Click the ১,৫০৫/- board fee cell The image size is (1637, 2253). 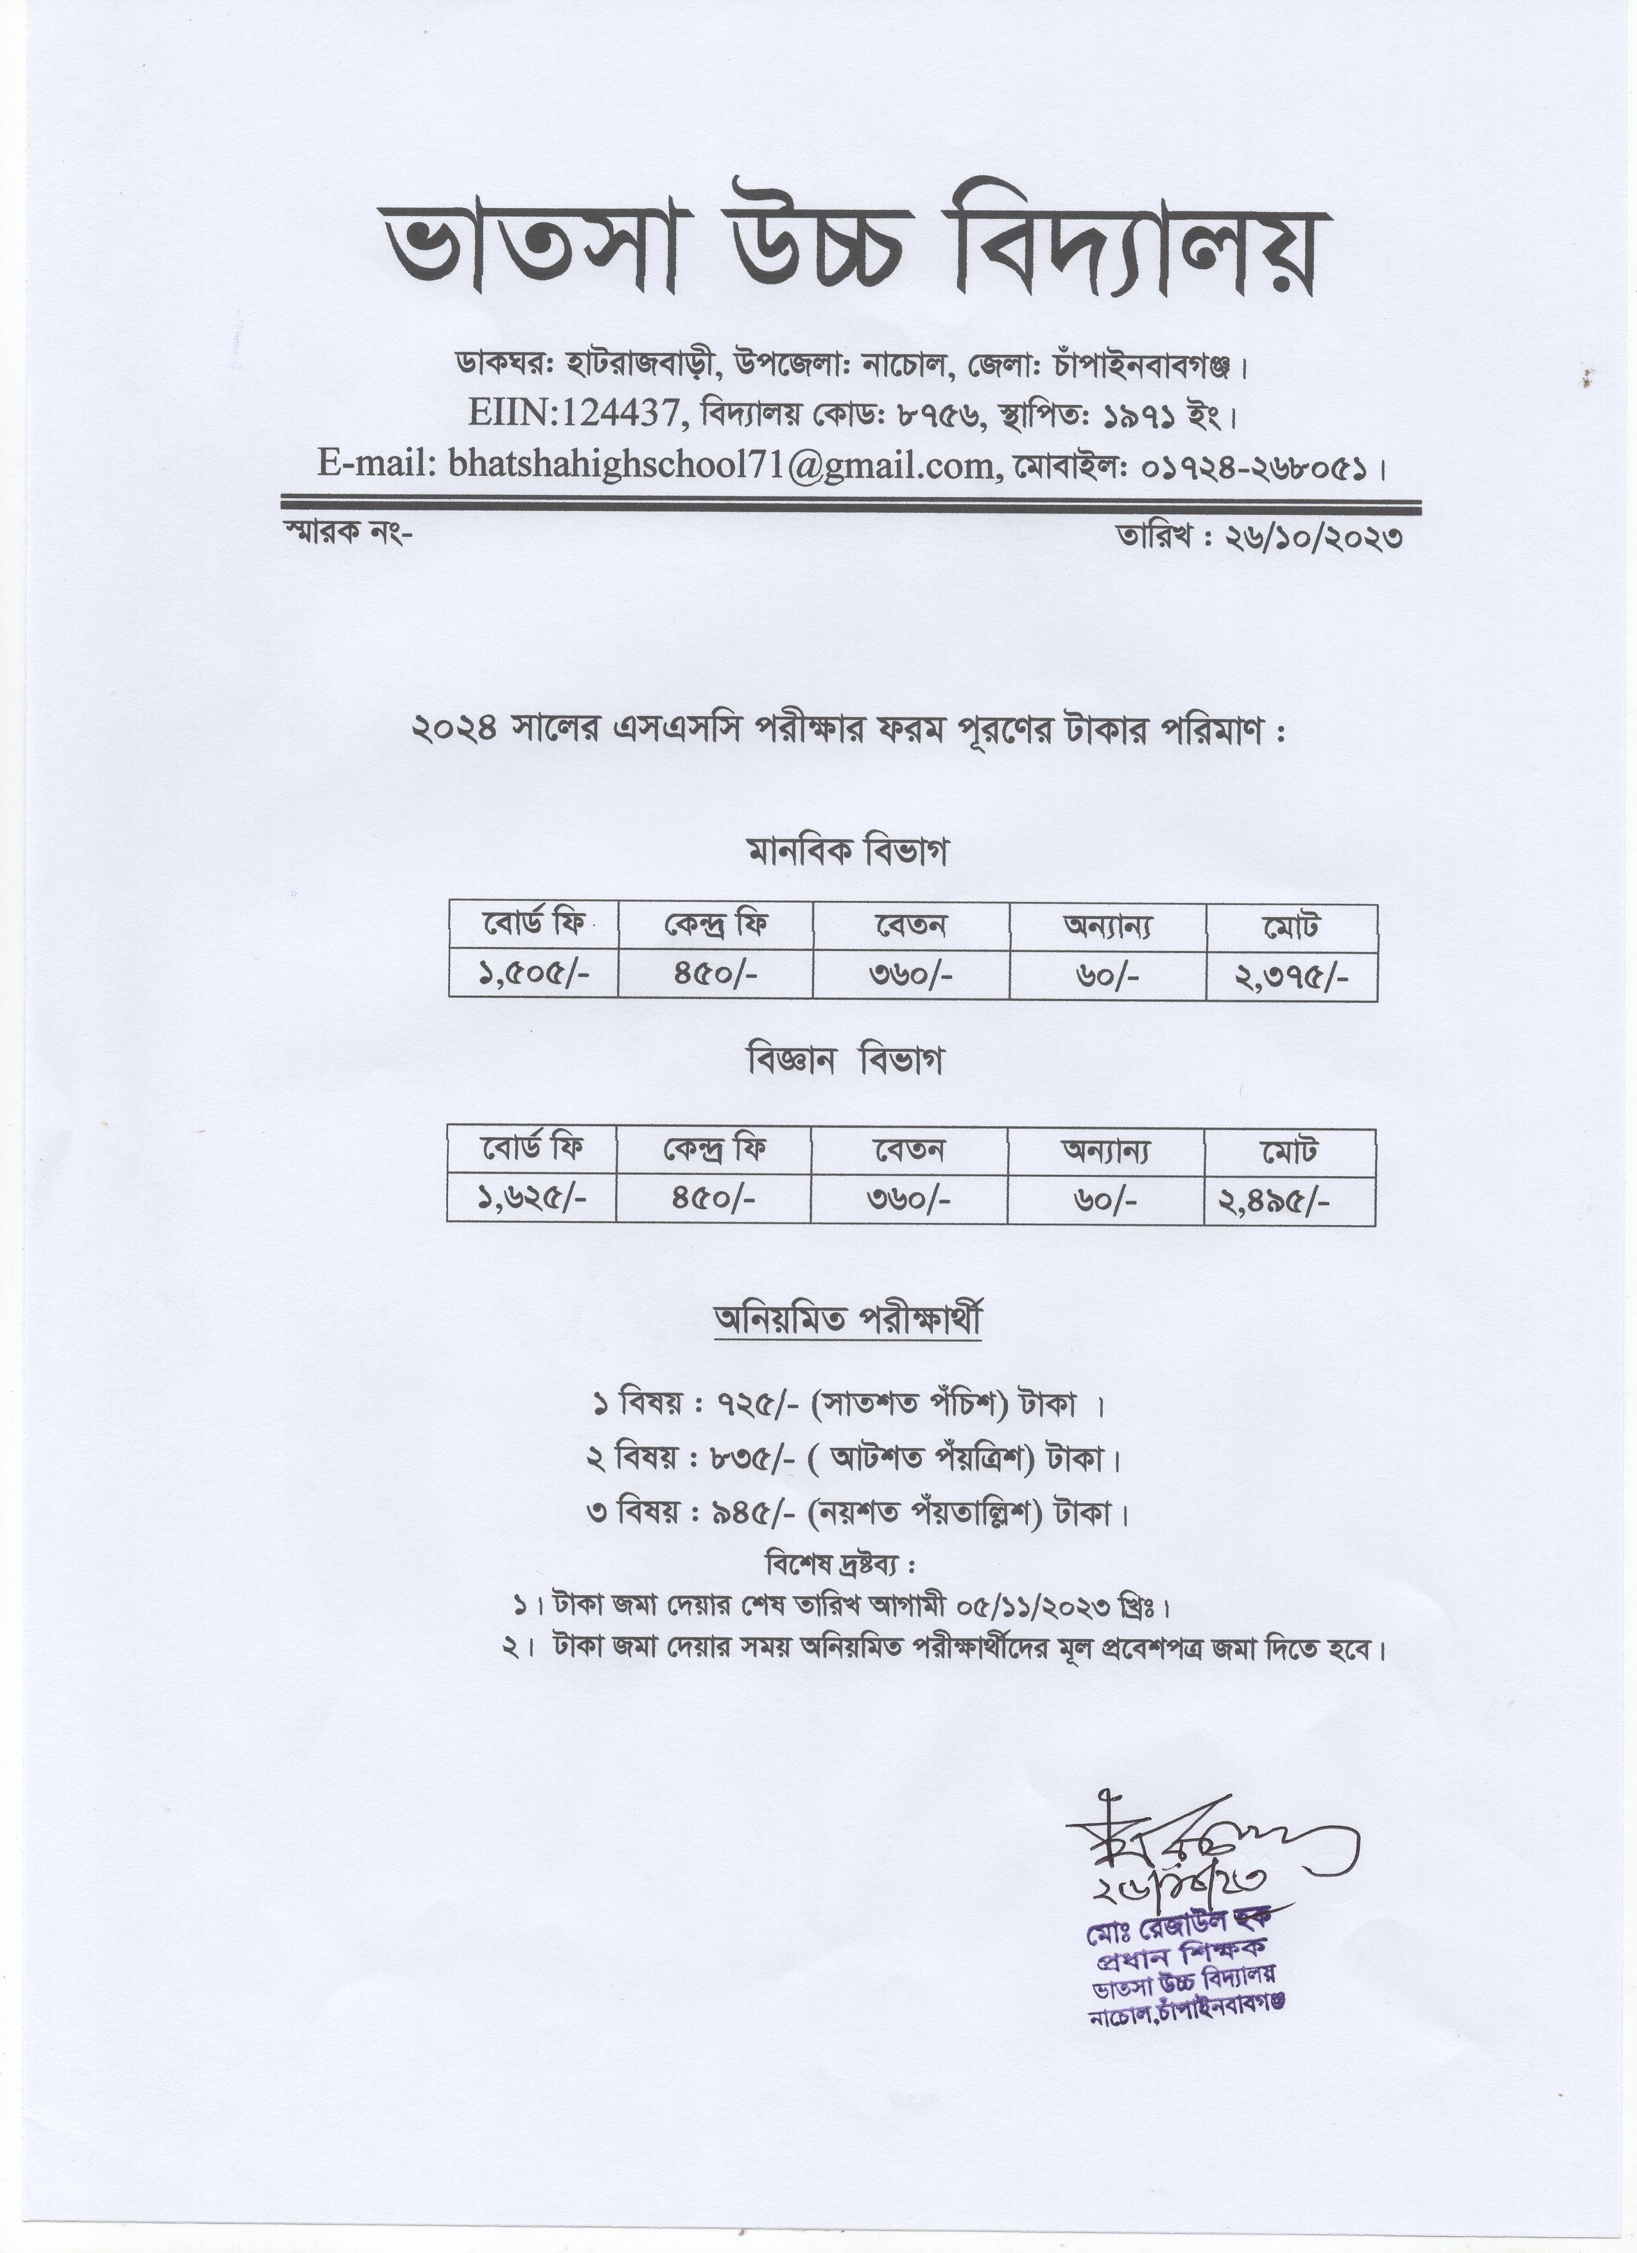point(533,975)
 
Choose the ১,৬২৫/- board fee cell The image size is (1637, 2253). point(532,1199)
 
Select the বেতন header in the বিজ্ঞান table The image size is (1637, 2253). point(909,1151)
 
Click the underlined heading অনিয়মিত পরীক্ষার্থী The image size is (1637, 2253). point(847,1321)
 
